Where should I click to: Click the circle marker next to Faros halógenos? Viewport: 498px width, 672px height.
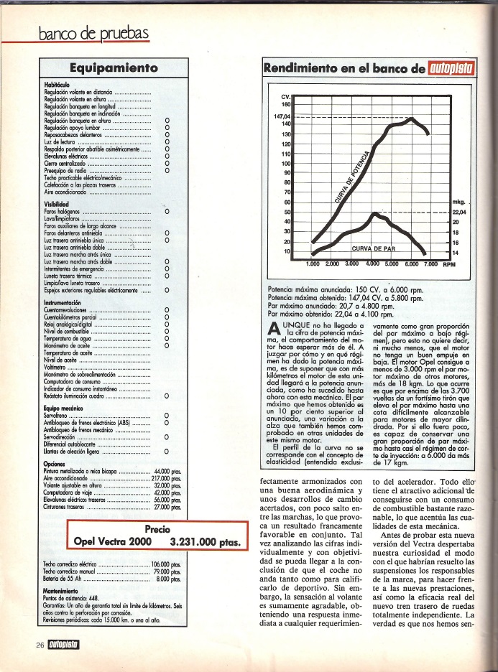(167, 212)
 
